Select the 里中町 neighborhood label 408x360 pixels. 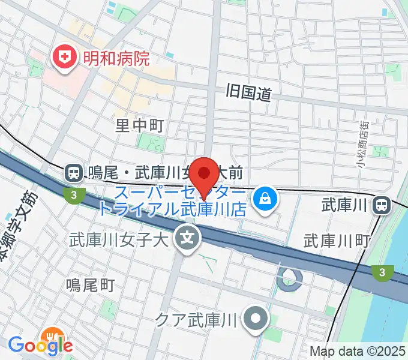139,125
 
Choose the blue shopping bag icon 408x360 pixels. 265,200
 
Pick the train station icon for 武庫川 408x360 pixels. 381,206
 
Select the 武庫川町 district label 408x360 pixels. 336,241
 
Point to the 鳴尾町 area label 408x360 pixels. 90,284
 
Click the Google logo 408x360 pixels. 40,346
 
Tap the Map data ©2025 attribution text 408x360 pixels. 358,351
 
